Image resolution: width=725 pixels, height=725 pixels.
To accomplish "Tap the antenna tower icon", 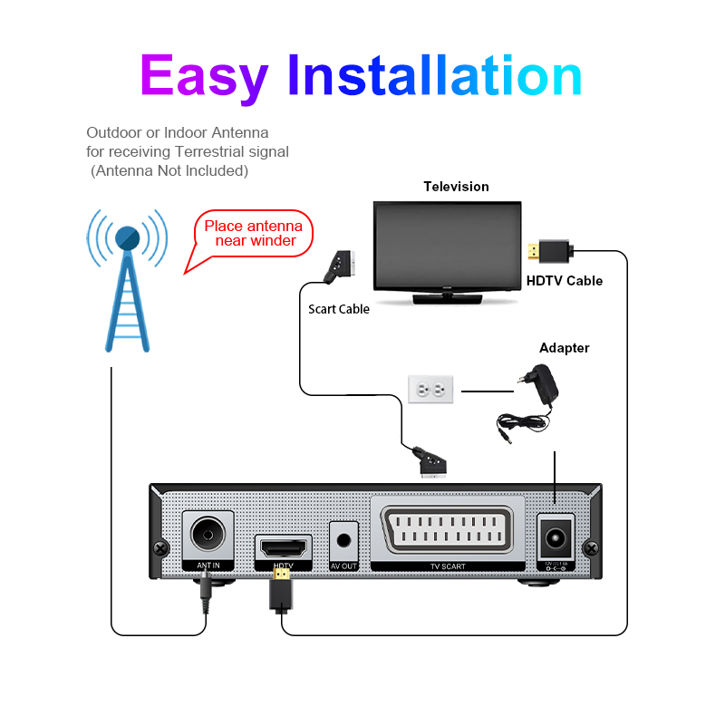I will point(127,281).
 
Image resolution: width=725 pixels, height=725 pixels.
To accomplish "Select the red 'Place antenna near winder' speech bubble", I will point(250,234).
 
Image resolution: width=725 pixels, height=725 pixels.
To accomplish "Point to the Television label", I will point(456,187).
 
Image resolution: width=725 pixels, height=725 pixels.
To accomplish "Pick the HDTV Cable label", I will point(565,281).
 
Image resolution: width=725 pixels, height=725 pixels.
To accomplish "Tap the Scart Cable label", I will point(339,309).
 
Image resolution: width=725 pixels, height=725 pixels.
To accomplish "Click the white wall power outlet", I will point(430,391).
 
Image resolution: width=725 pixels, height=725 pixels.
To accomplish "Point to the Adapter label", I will point(564,348).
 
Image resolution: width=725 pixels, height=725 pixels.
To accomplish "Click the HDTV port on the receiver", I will point(284,547).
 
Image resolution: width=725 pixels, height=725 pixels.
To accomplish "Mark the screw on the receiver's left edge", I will point(161,548).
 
